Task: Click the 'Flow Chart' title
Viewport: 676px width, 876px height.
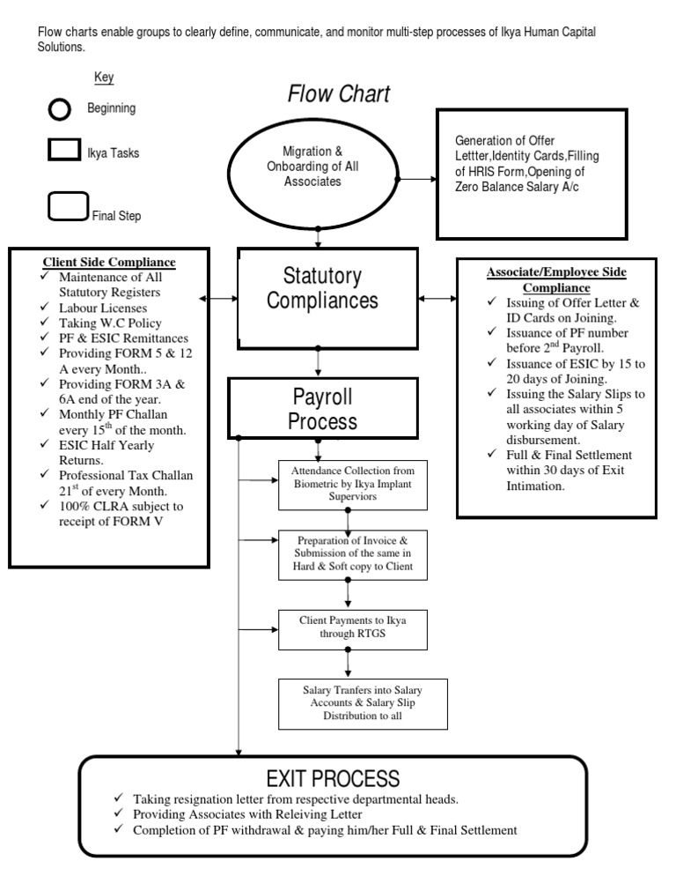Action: tap(339, 94)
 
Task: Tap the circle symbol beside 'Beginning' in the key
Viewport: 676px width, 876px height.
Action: tap(58, 109)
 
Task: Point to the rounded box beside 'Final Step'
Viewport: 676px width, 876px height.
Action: tap(68, 207)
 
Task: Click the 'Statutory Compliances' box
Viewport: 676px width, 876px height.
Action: tap(327, 297)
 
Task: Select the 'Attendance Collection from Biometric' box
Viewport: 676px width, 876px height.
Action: tap(352, 484)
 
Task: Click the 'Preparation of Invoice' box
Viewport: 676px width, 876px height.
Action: tap(352, 554)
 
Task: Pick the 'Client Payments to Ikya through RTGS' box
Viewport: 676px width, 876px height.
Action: tap(352, 627)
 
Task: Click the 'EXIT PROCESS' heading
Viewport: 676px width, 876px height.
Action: tap(333, 778)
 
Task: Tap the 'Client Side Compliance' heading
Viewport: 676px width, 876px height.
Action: tap(109, 262)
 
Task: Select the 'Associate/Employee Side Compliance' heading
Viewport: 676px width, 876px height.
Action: tap(556, 279)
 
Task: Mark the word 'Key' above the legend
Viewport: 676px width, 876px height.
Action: tap(104, 78)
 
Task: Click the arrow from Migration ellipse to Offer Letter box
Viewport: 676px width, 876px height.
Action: tap(417, 179)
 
